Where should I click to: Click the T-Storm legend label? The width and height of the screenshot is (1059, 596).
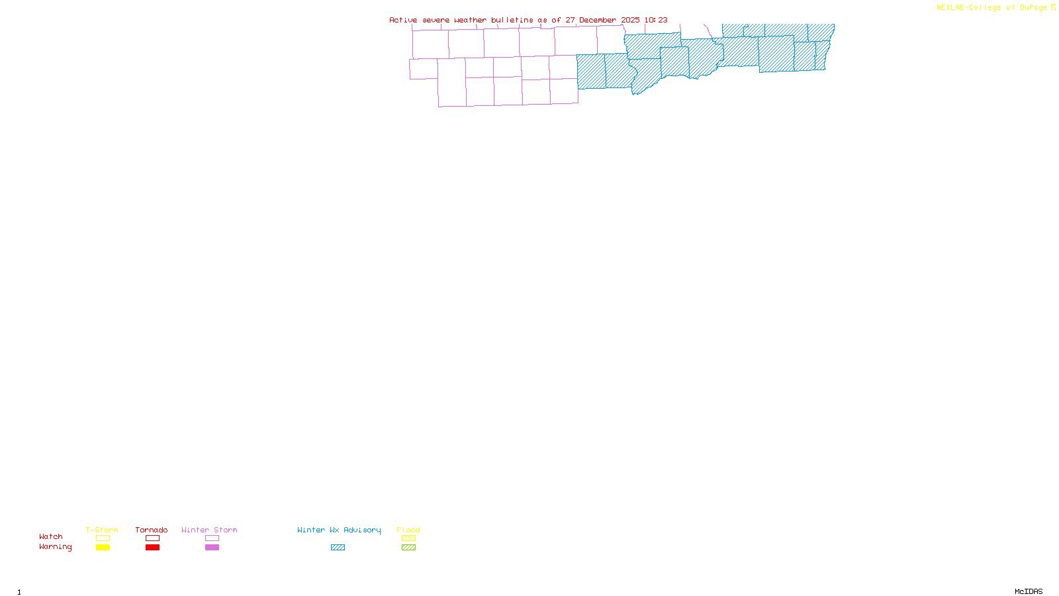[x=102, y=530]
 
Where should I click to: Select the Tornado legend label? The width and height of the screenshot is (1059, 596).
[x=152, y=530]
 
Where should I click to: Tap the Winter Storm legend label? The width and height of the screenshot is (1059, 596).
[x=209, y=530]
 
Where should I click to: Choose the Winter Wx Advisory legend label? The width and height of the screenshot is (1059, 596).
[x=339, y=530]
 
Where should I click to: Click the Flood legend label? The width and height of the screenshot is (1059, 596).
[x=408, y=530]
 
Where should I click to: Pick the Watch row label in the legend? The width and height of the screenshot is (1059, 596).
[x=51, y=536]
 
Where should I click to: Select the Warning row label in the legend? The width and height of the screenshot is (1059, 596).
[x=56, y=547]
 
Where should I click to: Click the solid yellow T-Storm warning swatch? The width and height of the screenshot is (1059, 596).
[x=103, y=548]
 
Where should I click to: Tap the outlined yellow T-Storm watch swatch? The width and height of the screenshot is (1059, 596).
[x=103, y=538]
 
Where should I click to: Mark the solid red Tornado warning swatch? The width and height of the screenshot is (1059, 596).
[x=152, y=548]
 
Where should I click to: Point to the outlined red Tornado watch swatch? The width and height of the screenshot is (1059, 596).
[x=152, y=538]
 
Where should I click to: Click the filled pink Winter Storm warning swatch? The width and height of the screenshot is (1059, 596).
[x=212, y=548]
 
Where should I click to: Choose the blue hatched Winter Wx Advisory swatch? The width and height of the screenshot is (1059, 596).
[x=338, y=548]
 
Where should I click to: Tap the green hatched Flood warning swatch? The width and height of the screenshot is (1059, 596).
[x=408, y=548]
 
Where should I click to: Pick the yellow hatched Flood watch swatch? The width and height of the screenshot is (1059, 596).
[x=408, y=538]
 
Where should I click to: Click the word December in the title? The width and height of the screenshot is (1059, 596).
[x=598, y=20]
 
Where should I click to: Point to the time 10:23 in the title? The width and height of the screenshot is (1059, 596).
[x=656, y=20]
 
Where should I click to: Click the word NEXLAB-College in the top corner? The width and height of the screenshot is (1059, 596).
[x=968, y=8]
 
